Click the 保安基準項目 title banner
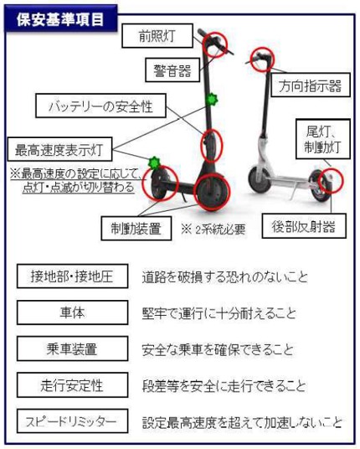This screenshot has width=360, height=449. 60,19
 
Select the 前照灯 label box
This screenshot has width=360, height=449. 157,36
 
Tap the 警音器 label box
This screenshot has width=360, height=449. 172,70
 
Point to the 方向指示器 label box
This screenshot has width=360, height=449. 311,85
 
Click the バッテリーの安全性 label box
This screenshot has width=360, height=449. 100,106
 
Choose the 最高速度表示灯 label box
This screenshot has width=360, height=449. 59,149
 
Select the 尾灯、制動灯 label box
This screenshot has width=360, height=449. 323,139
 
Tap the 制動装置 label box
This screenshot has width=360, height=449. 136,228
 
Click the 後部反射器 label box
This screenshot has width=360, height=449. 304,226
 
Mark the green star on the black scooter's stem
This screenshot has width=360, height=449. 212,100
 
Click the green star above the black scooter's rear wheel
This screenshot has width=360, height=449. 155,163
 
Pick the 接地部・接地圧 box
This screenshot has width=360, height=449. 72,276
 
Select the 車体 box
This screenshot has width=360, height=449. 72,312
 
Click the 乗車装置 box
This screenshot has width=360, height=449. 72,348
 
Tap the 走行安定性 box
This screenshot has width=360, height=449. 72,384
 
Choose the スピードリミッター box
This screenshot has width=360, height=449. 72,421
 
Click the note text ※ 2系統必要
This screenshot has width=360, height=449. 213,229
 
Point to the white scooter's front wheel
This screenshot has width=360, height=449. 260,179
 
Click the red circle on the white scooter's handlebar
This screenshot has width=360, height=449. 262,59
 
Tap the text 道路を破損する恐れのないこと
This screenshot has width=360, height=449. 225,277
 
